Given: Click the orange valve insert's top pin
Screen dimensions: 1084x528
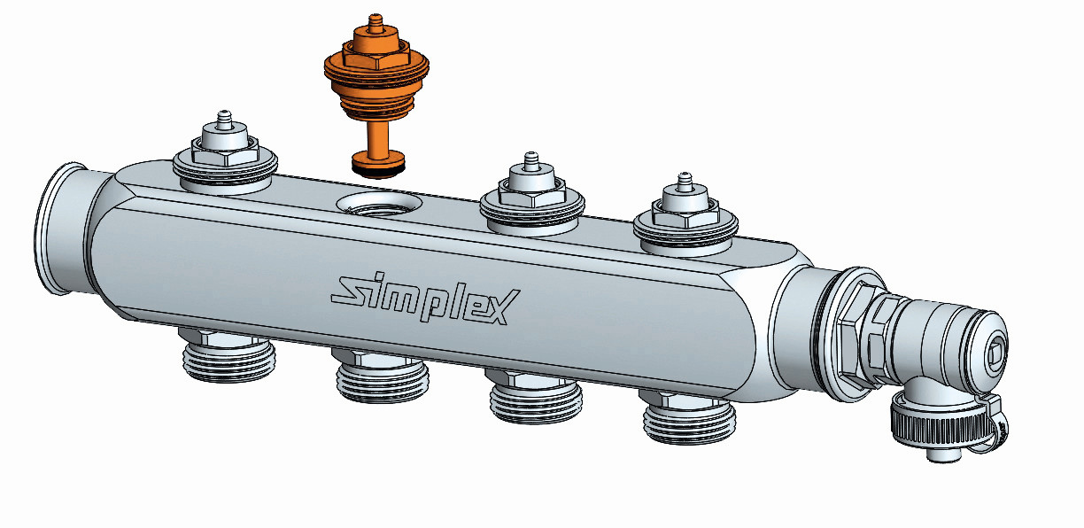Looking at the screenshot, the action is [x=373, y=23].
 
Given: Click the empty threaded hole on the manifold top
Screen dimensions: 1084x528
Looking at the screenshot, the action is [x=378, y=206].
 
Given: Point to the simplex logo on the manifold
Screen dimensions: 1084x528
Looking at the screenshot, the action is [x=425, y=299].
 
